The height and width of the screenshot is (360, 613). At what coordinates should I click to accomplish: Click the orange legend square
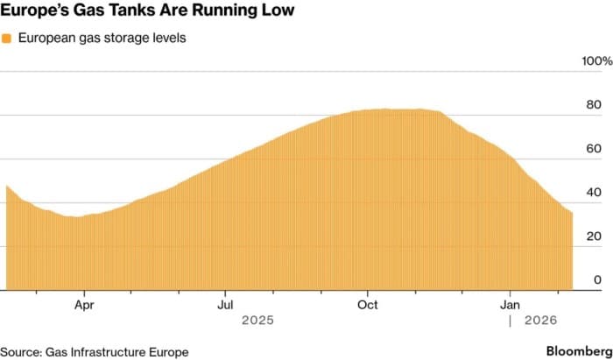[x=6, y=39]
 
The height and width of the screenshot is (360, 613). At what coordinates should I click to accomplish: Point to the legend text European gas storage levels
[x=102, y=39]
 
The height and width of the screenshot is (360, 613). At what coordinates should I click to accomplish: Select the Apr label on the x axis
[x=84, y=305]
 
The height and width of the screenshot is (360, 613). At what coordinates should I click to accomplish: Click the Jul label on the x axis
[x=225, y=305]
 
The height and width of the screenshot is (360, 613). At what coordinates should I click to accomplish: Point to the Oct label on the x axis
[x=368, y=305]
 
